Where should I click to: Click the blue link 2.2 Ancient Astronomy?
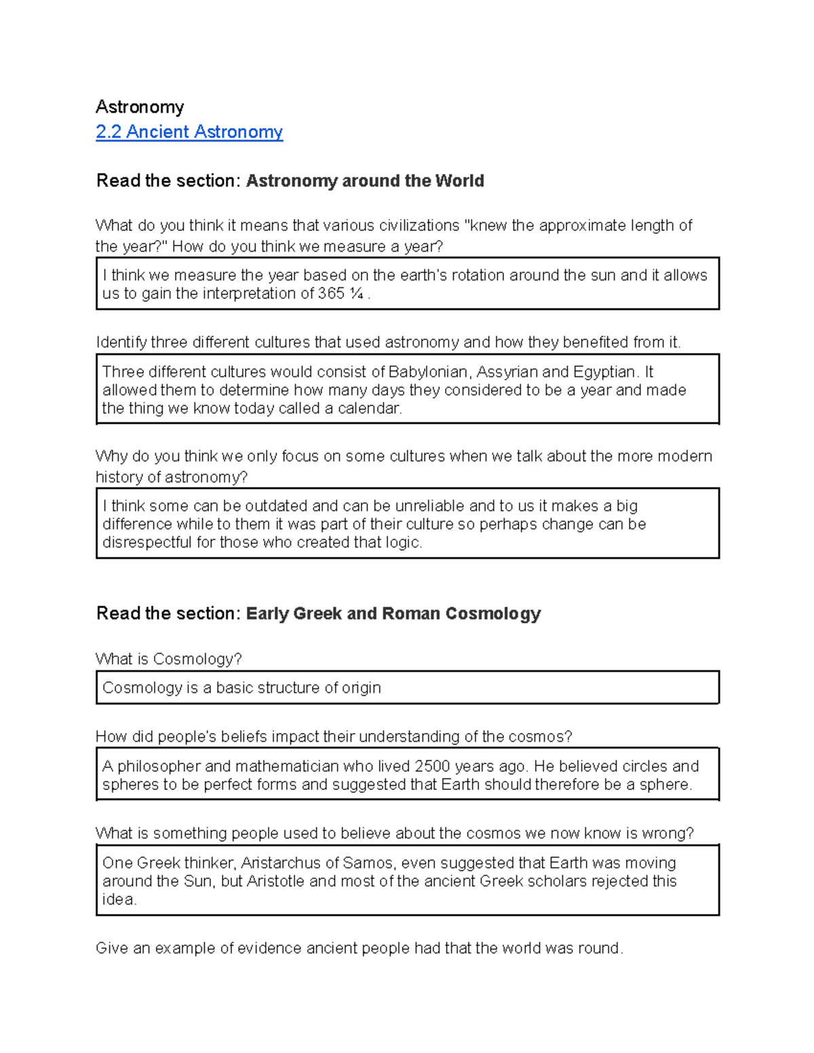coord(189,132)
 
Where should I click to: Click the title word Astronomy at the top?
coord(140,107)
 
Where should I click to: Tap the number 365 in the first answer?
coord(332,294)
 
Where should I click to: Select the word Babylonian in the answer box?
coord(428,372)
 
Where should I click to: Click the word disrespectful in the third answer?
coord(147,542)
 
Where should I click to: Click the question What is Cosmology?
coord(169,659)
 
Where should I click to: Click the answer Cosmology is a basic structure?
coord(241,688)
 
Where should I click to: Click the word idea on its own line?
coord(119,900)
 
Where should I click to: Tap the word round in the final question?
coord(598,948)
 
